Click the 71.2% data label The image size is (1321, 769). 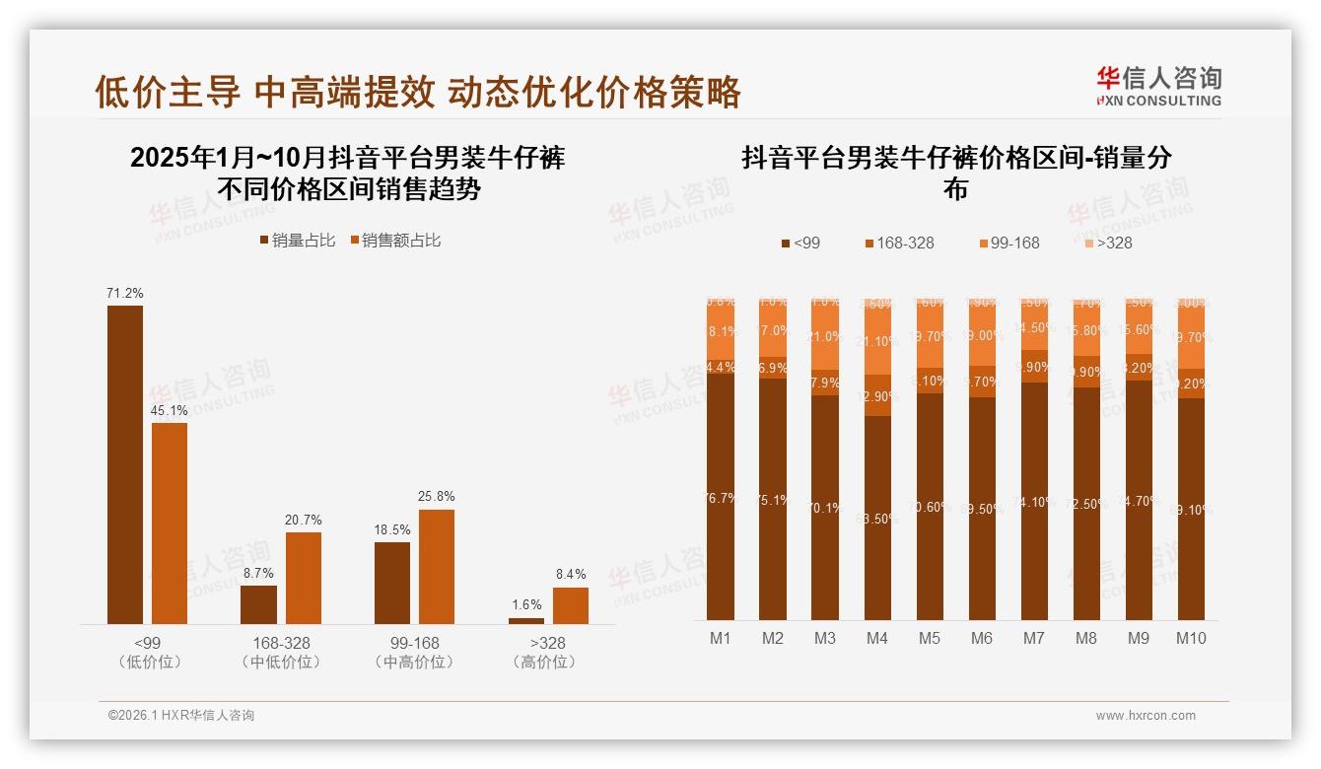[125, 293]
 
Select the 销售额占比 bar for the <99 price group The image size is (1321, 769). [169, 523]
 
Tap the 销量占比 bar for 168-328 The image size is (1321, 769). [258, 604]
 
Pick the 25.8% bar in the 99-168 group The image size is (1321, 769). [436, 566]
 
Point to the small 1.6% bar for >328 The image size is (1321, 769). [525, 620]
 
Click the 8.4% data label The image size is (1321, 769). [570, 574]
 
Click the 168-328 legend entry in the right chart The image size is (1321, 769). [899, 243]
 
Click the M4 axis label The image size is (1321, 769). [876, 638]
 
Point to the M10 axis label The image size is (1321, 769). [1191, 638]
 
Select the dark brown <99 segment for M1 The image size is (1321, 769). [721, 497]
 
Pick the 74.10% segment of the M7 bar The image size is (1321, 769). [1034, 501]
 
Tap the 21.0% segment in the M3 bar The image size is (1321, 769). [825, 335]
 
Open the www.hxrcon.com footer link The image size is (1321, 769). [1146, 716]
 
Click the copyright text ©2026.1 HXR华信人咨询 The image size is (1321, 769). [180, 716]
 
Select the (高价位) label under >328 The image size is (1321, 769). [543, 663]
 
